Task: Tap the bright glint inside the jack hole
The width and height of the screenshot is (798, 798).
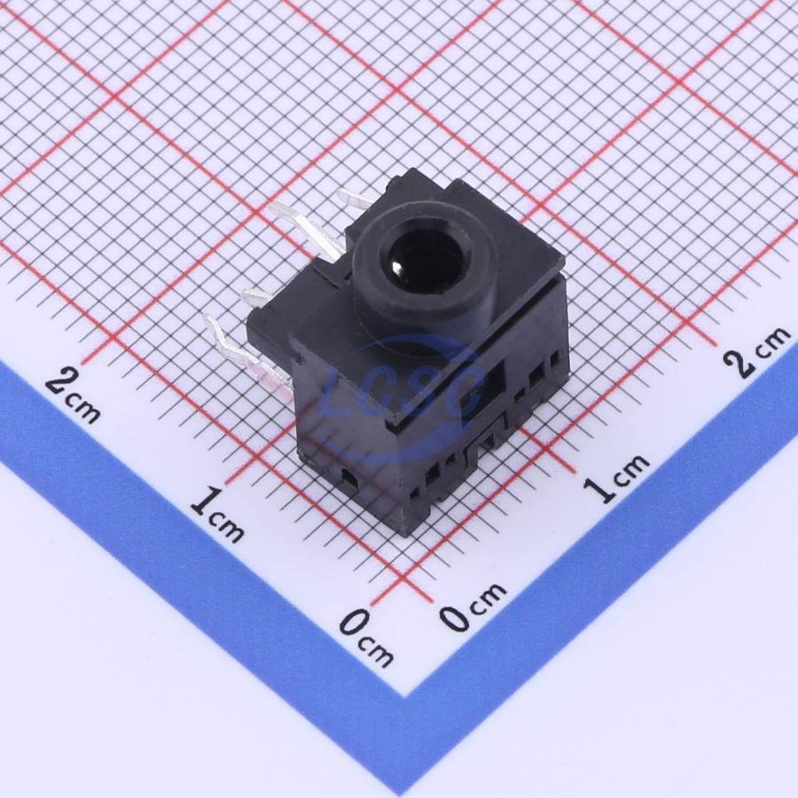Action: (x=397, y=264)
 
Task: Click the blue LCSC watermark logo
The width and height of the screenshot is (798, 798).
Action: (x=402, y=396)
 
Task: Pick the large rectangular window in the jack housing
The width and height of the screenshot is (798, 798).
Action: (x=481, y=392)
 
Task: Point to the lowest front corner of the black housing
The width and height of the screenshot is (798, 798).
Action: (x=405, y=536)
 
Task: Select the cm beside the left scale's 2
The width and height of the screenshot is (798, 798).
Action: (x=83, y=410)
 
